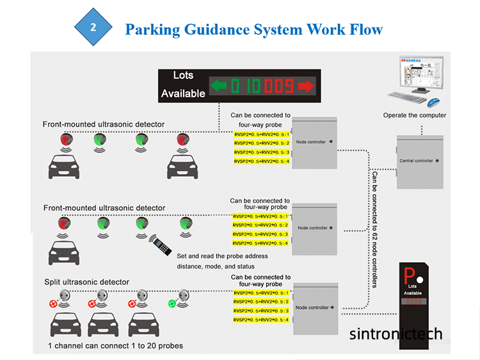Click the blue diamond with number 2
tap(93, 29)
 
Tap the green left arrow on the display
tap(219, 85)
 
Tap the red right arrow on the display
tap(306, 85)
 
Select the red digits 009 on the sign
tap(280, 85)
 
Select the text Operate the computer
tap(415, 115)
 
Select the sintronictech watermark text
tap(396, 334)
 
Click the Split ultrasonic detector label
tap(86, 282)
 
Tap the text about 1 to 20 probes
tap(115, 346)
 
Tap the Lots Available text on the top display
tap(183, 85)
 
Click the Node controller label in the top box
tap(312, 142)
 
